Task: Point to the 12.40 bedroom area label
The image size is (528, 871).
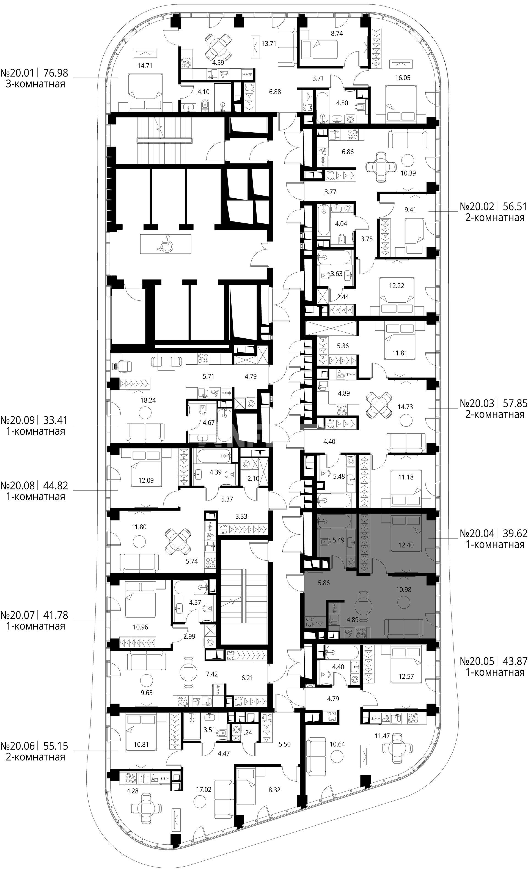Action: pos(406,545)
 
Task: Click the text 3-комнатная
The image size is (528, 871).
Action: pos(35,84)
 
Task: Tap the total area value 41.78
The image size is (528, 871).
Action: pos(55,615)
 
